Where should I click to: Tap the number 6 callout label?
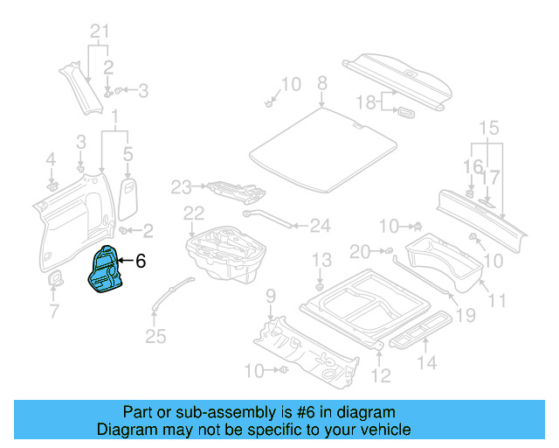pos(141,261)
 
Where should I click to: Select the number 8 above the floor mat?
pos(321,83)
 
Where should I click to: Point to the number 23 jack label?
pos(181,185)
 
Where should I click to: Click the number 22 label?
pos(193,213)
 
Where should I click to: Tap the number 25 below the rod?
pos(155,335)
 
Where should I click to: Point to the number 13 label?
pos(322,260)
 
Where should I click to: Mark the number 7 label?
pos(54,311)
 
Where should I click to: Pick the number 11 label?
pos(497,301)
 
